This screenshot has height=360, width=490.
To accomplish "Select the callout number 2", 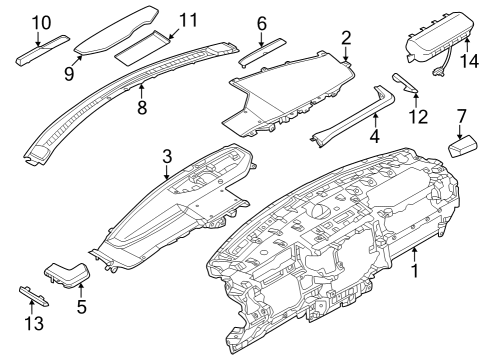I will (346, 39).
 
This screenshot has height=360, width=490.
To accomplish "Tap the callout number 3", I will (167, 155).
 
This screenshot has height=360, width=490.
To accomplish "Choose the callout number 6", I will (262, 22).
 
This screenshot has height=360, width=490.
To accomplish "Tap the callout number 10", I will (39, 22).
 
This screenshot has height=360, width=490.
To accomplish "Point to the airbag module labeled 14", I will (438, 45).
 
